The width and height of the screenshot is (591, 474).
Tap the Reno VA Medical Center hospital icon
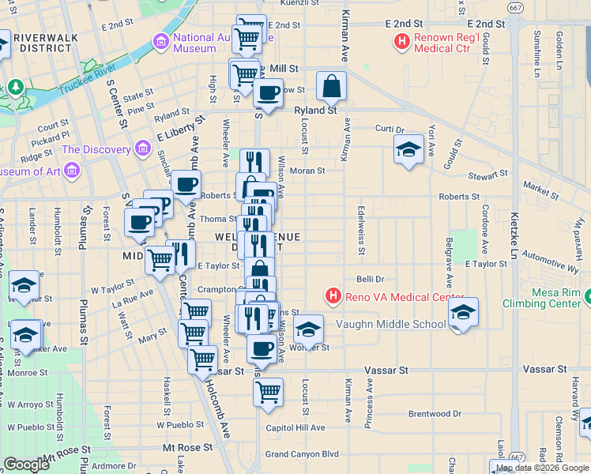click(x=333, y=297)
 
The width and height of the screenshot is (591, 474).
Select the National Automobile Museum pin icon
click(x=161, y=40)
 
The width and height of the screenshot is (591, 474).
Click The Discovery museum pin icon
click(x=142, y=148)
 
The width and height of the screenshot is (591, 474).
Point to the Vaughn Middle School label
click(x=390, y=324)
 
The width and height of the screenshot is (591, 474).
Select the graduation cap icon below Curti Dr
click(x=408, y=149)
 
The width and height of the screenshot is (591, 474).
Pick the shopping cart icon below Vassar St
click(x=269, y=391)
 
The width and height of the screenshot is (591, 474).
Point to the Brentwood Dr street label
click(x=435, y=413)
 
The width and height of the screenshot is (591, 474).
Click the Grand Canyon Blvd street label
click(x=302, y=454)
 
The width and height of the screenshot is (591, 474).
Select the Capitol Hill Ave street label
click(x=295, y=427)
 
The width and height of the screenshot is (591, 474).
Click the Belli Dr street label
click(x=370, y=279)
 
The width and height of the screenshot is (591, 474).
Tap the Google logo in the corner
click(x=27, y=464)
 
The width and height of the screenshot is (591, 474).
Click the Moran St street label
click(x=309, y=171)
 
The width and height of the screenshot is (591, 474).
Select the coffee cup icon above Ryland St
click(x=269, y=92)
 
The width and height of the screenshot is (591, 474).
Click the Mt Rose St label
click(x=187, y=447)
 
